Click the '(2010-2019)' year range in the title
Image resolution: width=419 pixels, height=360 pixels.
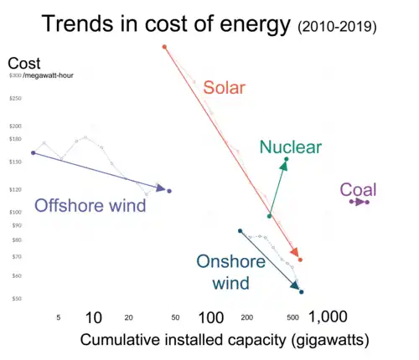tap(337, 28)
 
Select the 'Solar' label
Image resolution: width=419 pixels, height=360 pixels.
tap(224, 88)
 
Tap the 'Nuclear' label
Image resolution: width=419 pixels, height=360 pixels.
tap(290, 147)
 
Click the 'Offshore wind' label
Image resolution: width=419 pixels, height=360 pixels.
tap(90, 206)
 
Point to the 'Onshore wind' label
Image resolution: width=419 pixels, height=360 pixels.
tap(230, 272)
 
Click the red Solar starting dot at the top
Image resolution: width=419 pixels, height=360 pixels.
tap(164, 47)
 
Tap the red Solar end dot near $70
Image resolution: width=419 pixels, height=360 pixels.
tap(300, 260)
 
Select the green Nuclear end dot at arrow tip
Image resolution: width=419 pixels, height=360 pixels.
tap(287, 160)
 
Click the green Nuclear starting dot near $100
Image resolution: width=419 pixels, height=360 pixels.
tap(269, 216)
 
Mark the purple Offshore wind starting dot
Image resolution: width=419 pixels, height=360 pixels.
tap(33, 153)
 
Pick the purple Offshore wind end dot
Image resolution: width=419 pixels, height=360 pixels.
tap(169, 191)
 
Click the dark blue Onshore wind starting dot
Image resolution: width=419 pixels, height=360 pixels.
tap(240, 231)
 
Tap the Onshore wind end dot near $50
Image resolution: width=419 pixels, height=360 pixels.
tap(302, 292)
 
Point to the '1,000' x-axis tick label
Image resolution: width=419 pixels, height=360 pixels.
tap(328, 317)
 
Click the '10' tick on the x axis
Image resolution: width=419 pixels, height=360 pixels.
tap(94, 317)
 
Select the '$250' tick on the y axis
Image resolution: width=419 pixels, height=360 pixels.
tap(16, 99)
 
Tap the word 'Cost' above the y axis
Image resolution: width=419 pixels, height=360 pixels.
tap(23, 64)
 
